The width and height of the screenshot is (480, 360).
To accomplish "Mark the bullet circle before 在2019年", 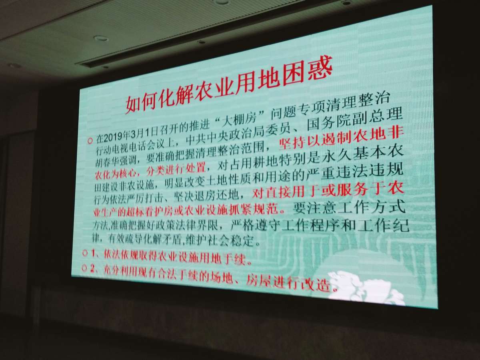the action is tap(90, 141).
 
